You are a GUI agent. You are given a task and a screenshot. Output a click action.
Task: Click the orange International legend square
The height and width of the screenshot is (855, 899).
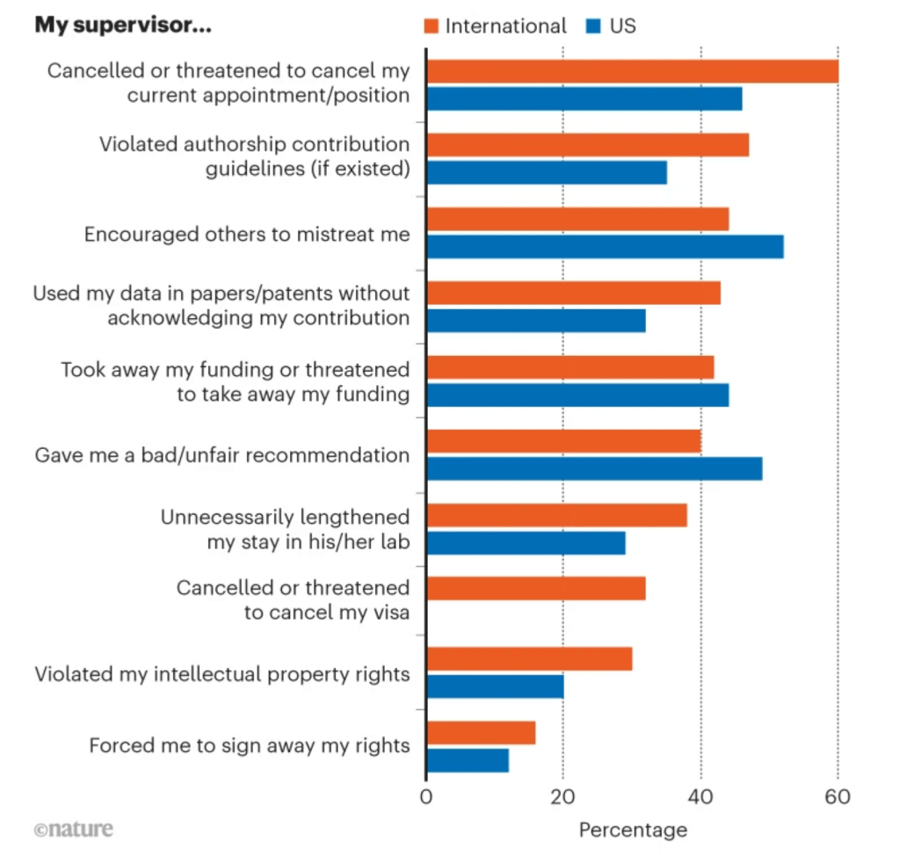[x=431, y=26]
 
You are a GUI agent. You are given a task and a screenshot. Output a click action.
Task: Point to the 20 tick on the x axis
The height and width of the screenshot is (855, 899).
[x=562, y=797]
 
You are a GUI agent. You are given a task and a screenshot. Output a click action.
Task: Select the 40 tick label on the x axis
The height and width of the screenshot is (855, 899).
[x=700, y=797]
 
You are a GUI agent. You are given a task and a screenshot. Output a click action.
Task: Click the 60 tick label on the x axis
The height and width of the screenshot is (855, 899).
[x=837, y=797]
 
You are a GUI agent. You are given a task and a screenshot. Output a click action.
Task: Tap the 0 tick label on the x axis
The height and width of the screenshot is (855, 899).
[x=426, y=797]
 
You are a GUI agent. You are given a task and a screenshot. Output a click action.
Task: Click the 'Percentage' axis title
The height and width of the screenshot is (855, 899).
[x=633, y=830]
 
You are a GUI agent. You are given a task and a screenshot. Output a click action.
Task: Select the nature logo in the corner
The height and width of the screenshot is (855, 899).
[x=74, y=829]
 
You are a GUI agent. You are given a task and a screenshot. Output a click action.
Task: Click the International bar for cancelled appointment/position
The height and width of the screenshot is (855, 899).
[x=632, y=71]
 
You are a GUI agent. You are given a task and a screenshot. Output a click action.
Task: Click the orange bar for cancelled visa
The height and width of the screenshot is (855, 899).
[x=536, y=588]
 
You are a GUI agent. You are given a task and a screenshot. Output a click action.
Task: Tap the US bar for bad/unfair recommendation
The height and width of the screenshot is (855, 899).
[x=594, y=469]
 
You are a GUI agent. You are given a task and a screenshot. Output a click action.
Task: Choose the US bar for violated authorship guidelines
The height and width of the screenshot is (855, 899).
[x=547, y=172]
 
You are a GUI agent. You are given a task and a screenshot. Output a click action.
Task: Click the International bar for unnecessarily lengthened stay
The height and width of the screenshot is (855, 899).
[x=556, y=515]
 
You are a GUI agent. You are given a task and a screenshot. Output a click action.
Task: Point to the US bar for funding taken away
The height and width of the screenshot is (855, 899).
[x=577, y=395]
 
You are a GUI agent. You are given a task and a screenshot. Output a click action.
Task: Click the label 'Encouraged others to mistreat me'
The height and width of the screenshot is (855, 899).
[x=247, y=235]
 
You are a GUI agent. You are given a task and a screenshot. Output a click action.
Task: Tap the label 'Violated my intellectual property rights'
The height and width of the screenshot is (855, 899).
[x=222, y=674]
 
